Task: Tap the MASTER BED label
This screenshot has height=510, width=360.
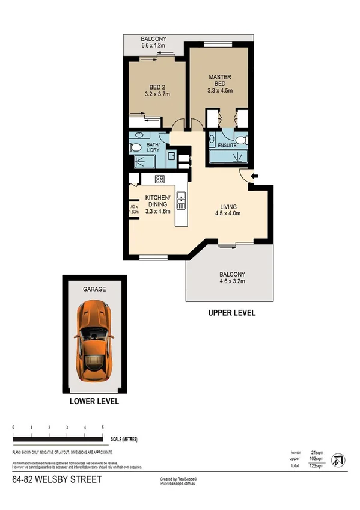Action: click(x=220, y=81)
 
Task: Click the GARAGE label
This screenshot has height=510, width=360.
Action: click(x=94, y=289)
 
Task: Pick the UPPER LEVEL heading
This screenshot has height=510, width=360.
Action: click(x=231, y=313)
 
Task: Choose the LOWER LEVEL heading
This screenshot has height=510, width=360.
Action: click(x=94, y=401)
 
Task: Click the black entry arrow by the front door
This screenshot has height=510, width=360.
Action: click(x=255, y=176)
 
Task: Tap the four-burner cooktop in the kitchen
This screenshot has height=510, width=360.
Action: click(x=160, y=179)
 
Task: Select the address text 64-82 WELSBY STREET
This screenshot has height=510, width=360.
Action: click(x=57, y=480)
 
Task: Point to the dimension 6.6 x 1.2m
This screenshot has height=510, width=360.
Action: click(x=154, y=45)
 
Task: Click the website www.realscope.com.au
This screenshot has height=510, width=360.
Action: click(x=179, y=483)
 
